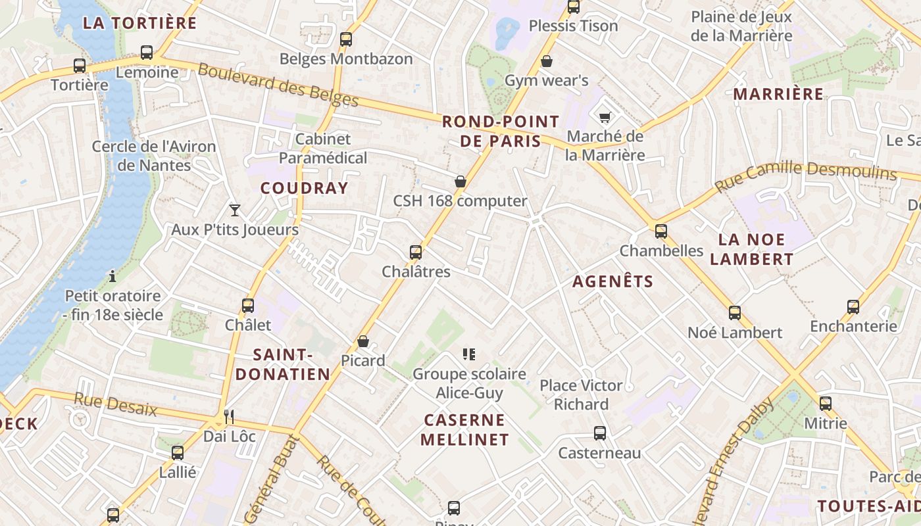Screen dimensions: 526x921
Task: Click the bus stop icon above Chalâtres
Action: click(x=415, y=252)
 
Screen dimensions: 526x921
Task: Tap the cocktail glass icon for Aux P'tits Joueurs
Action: click(x=235, y=210)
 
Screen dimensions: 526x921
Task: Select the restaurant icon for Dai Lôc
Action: click(x=228, y=416)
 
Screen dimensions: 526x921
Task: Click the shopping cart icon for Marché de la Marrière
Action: click(x=605, y=117)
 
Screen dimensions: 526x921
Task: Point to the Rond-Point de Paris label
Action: click(x=500, y=131)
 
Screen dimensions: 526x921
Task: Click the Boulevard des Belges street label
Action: click(x=278, y=85)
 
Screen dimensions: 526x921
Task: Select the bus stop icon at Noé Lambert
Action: click(x=735, y=313)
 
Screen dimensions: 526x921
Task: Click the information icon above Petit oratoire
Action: click(x=112, y=275)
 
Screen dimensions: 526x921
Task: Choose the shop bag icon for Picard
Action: click(x=362, y=341)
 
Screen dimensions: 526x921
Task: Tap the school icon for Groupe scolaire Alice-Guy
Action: click(x=469, y=354)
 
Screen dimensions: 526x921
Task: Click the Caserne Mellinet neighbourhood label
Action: click(x=464, y=429)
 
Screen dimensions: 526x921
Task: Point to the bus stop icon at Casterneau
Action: click(x=599, y=433)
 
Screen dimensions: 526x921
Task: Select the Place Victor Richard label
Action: click(x=582, y=394)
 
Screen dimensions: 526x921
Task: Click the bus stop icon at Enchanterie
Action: click(x=853, y=306)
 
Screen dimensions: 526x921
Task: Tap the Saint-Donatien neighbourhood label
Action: click(x=283, y=365)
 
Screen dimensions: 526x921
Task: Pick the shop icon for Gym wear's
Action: click(x=546, y=61)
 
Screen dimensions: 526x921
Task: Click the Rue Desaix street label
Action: click(x=116, y=404)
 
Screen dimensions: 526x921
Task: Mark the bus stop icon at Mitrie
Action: click(x=826, y=404)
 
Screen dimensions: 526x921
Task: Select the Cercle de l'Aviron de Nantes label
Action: click(x=154, y=155)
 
